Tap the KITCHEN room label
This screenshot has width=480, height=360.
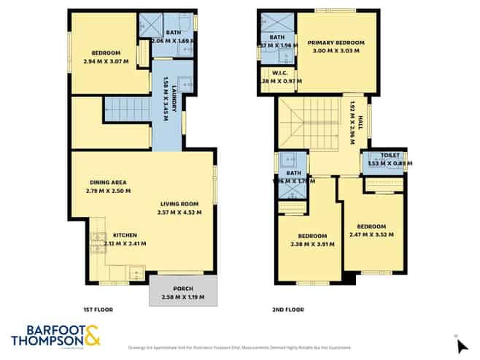coord(125,235)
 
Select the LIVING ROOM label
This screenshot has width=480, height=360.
coord(179,204)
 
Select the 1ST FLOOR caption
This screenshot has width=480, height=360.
coord(98,310)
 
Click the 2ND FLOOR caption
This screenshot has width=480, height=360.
coord(289,310)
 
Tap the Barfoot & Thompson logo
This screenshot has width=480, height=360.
coord(55,335)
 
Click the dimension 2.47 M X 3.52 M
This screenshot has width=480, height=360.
coord(371,234)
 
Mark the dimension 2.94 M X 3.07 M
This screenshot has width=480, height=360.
coord(106,61)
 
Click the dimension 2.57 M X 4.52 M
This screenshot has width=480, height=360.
coord(179,212)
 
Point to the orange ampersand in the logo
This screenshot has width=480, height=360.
coord(93,335)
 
